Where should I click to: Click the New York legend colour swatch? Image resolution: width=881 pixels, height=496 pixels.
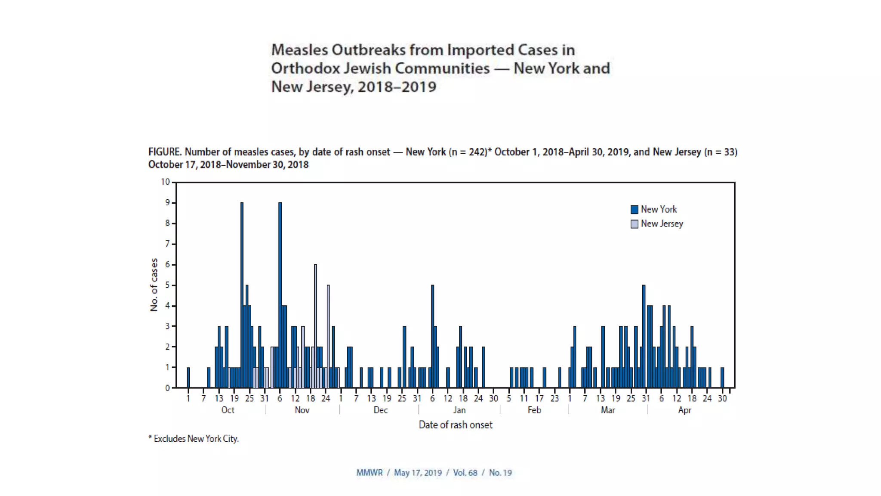pos(634,210)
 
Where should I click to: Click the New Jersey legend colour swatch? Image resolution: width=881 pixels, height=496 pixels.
pos(634,224)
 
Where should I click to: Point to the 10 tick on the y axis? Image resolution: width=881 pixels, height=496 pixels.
pos(166,182)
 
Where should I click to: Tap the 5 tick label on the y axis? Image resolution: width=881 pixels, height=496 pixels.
pos(167,285)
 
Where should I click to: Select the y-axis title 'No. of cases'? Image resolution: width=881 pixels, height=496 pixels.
pos(154,285)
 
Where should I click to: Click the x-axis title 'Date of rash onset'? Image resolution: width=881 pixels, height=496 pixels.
pos(455,425)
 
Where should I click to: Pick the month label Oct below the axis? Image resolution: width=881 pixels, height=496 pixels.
pos(228,410)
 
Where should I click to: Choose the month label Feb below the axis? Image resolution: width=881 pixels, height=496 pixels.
pos(534,410)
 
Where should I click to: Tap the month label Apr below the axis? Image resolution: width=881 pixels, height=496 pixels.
pos(684,410)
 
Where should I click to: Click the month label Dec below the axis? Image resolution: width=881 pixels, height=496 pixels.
pos(380,410)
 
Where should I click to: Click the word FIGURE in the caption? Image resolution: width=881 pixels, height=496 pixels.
pos(164,152)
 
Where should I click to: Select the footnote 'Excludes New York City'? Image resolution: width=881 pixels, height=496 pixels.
pos(196,439)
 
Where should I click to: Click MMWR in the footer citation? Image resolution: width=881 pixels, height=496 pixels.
pos(369,473)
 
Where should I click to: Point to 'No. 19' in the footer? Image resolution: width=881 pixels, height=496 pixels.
pos(500,473)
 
